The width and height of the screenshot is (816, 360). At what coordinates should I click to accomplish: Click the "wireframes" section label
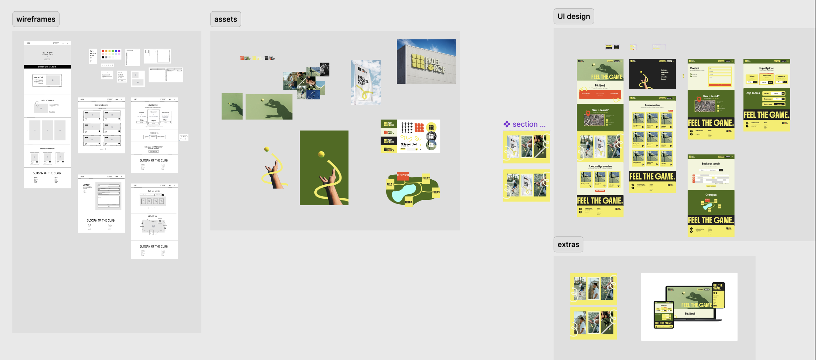click(x=36, y=19)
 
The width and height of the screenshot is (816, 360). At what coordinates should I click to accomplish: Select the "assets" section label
click(x=226, y=19)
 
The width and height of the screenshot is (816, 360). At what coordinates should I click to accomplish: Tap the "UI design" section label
click(x=573, y=17)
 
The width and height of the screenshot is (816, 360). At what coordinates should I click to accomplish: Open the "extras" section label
click(x=568, y=245)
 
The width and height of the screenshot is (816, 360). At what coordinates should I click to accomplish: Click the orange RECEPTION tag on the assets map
click(x=403, y=175)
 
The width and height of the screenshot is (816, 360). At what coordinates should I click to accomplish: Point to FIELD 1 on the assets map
click(x=390, y=184)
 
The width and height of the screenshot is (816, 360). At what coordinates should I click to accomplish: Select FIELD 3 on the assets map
click(x=436, y=192)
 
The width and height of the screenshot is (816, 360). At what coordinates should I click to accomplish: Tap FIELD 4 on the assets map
click(x=408, y=202)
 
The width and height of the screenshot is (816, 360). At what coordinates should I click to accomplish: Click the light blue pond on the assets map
click(x=404, y=192)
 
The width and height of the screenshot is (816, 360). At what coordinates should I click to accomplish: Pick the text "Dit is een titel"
click(x=408, y=144)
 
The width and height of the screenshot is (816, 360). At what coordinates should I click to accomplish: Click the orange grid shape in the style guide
click(x=419, y=127)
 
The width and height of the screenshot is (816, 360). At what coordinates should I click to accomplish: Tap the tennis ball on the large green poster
click(x=321, y=154)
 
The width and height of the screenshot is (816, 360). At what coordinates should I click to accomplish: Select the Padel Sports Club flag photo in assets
click(x=366, y=82)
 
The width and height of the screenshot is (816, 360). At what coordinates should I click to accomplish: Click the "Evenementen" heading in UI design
click(x=652, y=105)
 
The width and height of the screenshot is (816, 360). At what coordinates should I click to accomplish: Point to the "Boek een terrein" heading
click(x=711, y=163)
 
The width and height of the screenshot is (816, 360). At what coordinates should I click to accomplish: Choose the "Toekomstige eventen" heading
click(x=600, y=166)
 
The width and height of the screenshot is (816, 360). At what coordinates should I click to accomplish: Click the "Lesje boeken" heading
click(x=752, y=93)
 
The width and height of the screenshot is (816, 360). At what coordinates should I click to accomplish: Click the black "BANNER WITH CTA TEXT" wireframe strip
click(x=47, y=67)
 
